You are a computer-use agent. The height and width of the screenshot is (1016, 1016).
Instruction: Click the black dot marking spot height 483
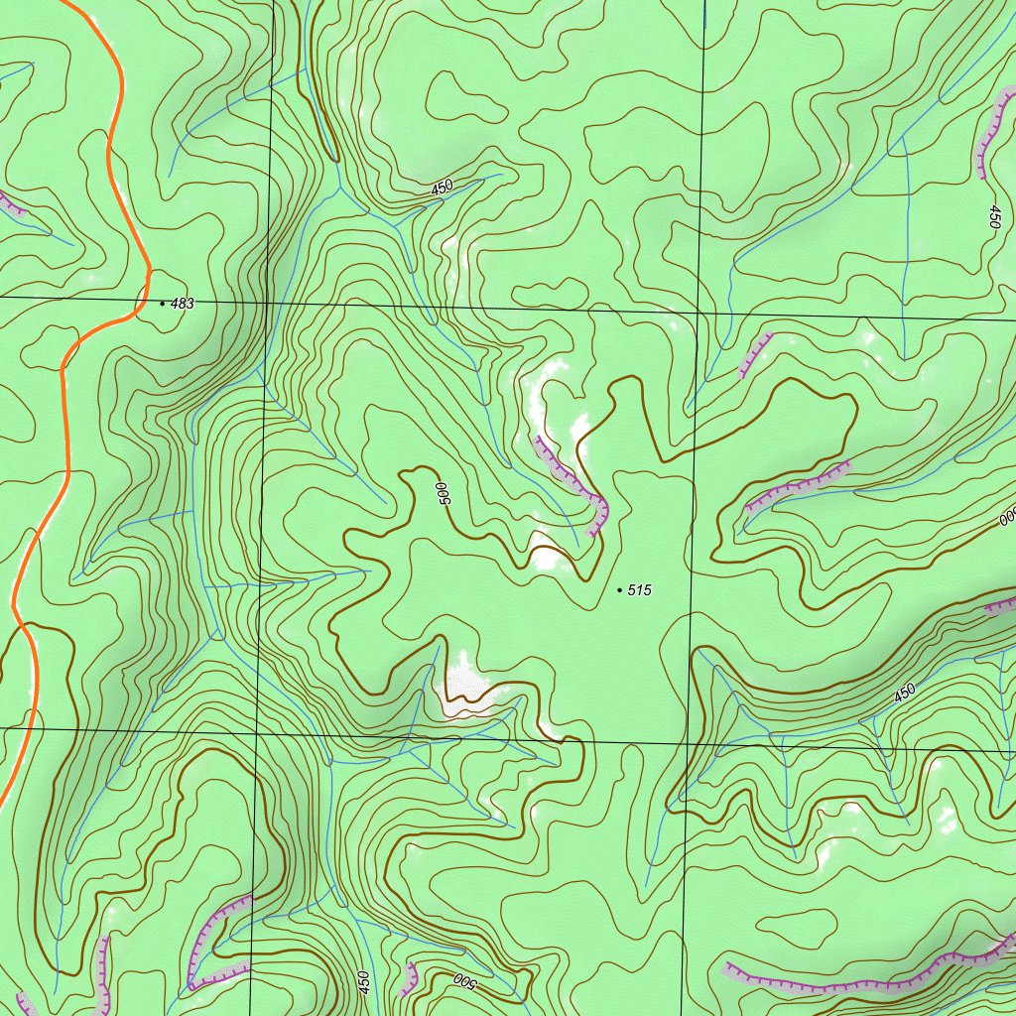click(163, 304)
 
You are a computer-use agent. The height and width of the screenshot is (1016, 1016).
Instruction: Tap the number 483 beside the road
click(183, 304)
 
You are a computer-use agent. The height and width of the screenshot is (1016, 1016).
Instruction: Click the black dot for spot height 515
click(620, 590)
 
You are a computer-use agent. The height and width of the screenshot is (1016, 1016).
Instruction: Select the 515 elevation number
click(640, 590)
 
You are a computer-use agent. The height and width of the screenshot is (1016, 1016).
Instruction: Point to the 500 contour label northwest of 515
click(443, 493)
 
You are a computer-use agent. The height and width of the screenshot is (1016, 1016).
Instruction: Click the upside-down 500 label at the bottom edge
click(465, 982)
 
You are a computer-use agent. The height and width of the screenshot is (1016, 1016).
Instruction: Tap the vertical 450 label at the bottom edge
click(364, 982)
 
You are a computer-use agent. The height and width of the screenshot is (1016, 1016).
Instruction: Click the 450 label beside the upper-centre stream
click(442, 187)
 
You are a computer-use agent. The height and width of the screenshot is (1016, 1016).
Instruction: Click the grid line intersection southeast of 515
click(686, 740)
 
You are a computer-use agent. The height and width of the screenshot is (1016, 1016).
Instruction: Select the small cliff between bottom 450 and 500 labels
click(408, 978)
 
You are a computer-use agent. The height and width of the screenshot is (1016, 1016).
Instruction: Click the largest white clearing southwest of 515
click(466, 684)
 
